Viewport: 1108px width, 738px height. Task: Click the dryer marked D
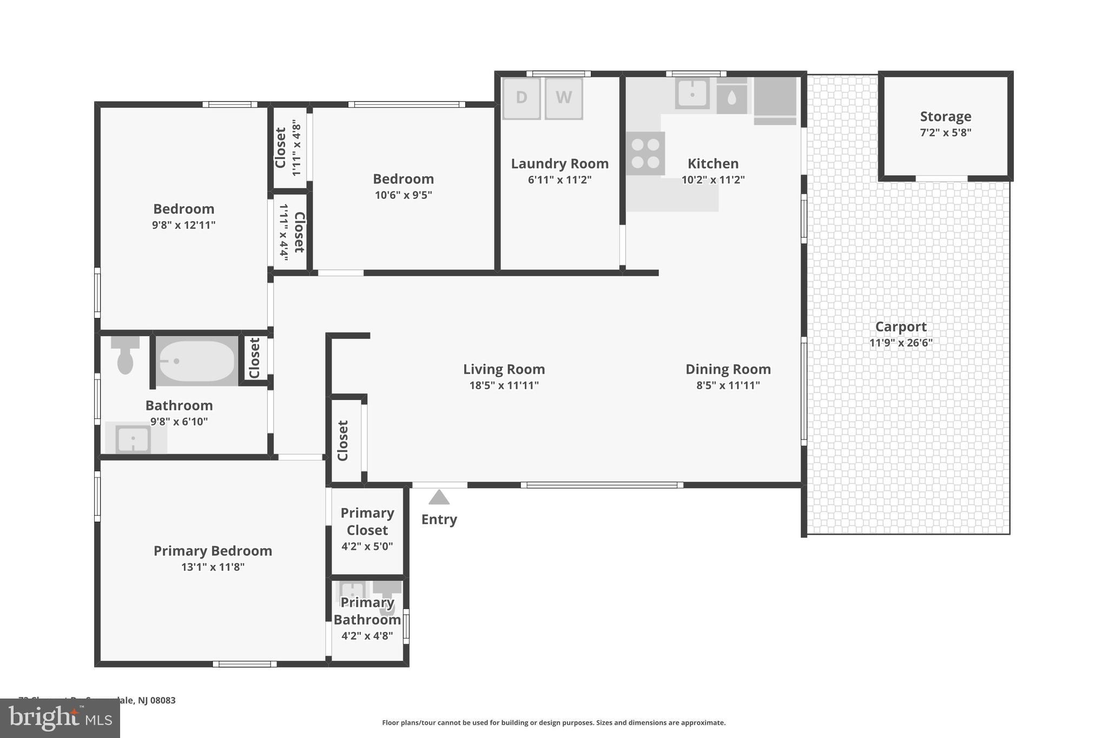(x=521, y=98)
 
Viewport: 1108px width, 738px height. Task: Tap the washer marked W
(x=563, y=98)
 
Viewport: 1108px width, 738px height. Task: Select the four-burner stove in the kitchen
(x=645, y=153)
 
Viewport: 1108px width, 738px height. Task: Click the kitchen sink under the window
(x=692, y=94)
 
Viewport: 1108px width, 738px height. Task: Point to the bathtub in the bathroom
(x=197, y=361)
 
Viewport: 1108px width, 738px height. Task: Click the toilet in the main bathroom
(x=125, y=355)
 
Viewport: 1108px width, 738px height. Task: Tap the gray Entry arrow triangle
(x=439, y=497)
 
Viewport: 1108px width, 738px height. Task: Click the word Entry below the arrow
(x=439, y=520)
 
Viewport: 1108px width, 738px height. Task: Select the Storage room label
(x=945, y=117)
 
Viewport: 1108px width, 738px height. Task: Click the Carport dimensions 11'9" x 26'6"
(x=901, y=343)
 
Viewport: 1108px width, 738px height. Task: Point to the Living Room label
(x=504, y=369)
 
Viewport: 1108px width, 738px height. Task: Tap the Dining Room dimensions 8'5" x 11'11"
(x=728, y=385)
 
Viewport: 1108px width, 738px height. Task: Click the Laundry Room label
(x=559, y=164)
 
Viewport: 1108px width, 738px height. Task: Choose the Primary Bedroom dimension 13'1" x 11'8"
(x=213, y=567)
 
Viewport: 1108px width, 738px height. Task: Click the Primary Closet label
(x=367, y=521)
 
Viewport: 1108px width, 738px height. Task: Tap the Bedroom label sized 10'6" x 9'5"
(x=403, y=179)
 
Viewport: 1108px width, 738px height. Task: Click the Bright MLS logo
(x=60, y=719)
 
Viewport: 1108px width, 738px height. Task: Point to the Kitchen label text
(x=713, y=164)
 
